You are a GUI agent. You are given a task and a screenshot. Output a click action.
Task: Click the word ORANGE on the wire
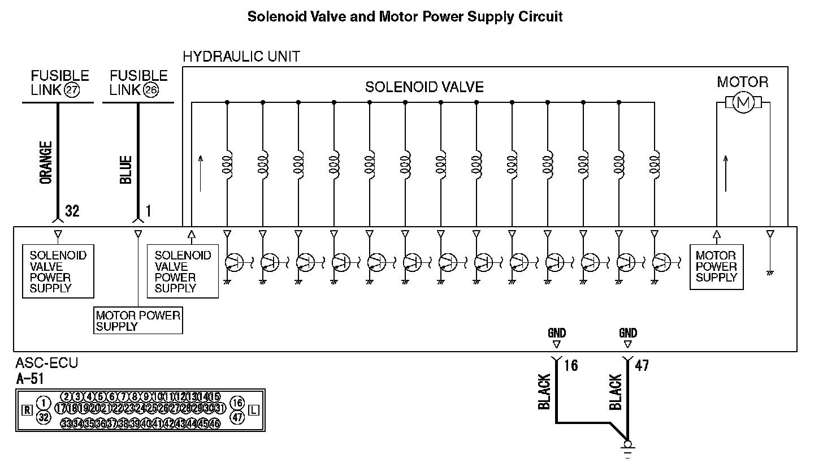[46, 162]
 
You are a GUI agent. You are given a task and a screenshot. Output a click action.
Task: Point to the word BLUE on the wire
[126, 170]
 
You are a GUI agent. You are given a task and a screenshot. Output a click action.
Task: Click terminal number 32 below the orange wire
[72, 211]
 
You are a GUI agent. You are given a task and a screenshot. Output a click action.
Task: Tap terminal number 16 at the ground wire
[571, 366]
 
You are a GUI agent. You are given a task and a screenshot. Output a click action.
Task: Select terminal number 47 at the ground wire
[642, 366]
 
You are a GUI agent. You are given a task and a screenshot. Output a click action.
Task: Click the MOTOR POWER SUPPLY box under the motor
[716, 266]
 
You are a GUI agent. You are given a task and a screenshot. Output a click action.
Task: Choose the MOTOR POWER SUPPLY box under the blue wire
[138, 321]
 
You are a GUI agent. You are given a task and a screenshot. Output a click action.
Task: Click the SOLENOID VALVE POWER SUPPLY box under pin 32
[58, 271]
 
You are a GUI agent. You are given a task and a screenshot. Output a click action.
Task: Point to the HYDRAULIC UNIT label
[241, 57]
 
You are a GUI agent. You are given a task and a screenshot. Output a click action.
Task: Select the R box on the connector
[27, 410]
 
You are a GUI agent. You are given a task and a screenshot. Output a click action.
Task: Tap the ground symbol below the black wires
[627, 449]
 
